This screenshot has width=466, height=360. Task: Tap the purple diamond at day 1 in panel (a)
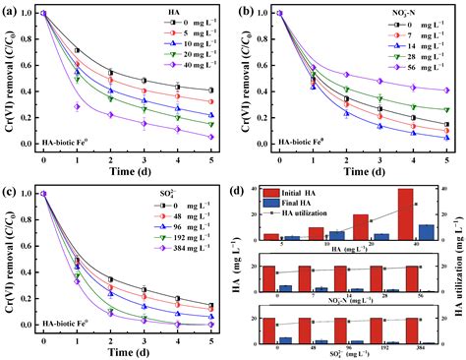tap(77, 106)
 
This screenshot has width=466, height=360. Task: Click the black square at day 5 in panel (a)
tap(210, 90)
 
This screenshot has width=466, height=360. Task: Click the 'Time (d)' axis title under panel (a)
tap(127, 170)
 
